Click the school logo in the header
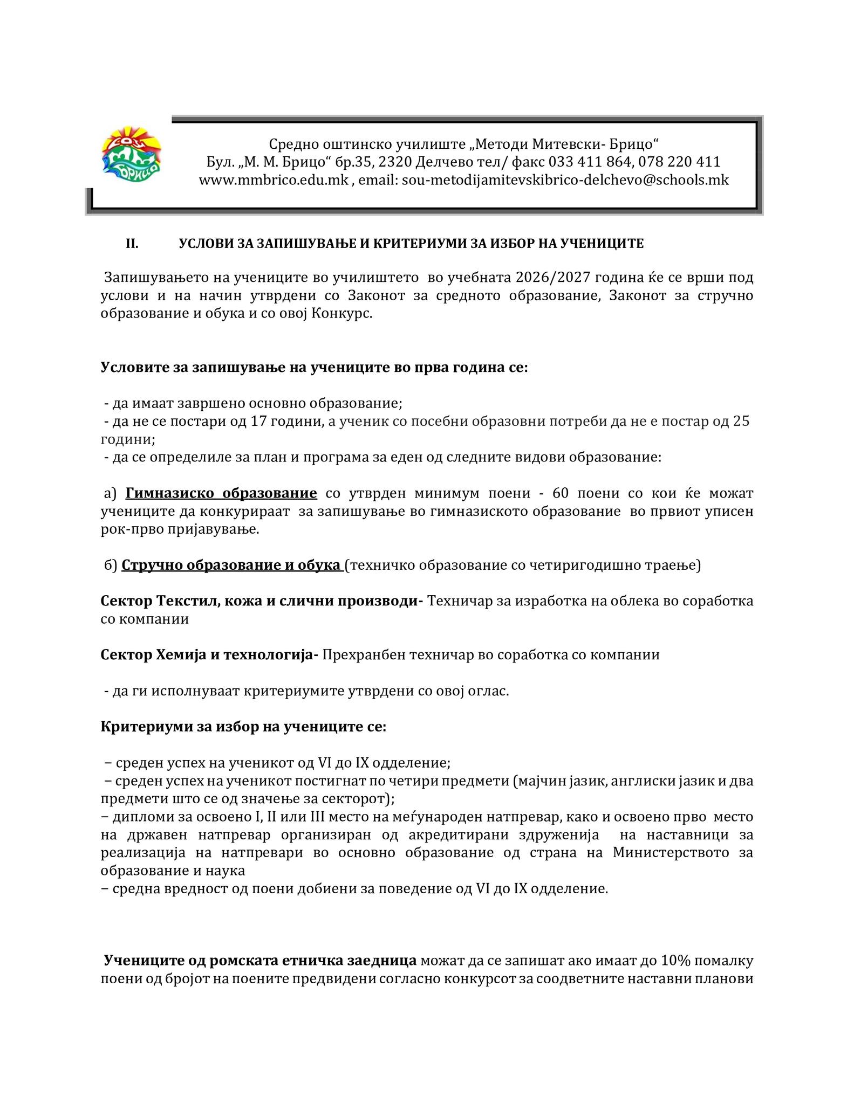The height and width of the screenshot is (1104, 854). coord(132,155)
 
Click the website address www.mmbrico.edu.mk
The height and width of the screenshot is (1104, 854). coord(274,180)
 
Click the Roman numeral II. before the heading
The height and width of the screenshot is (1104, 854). coord(132,244)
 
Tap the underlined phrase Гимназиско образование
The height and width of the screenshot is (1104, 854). coord(221,493)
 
